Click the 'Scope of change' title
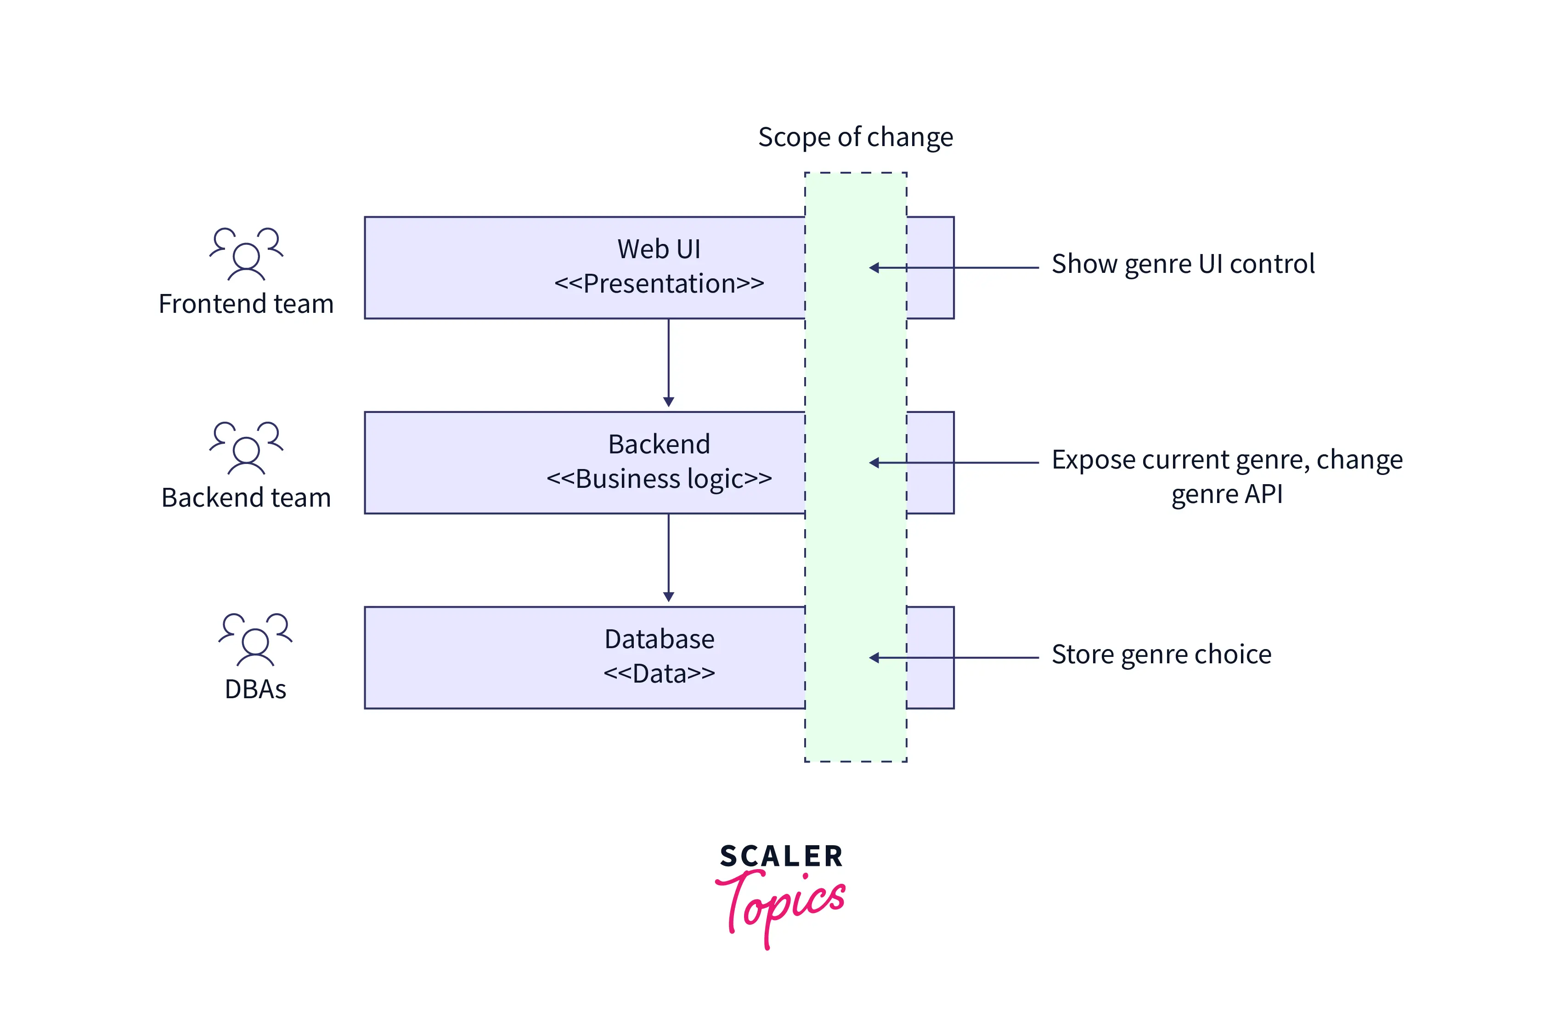click(x=855, y=137)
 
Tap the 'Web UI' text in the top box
click(x=659, y=249)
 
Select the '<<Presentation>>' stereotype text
click(x=659, y=283)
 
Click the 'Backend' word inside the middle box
click(x=659, y=445)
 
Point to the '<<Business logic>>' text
click(x=659, y=479)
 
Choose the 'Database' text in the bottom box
click(x=659, y=639)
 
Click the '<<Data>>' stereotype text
click(x=659, y=673)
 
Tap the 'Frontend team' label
click(x=246, y=304)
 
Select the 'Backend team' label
click(x=246, y=498)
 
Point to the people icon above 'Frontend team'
click(x=246, y=254)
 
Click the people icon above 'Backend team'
click(x=246, y=448)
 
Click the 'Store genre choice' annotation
click(x=1161, y=654)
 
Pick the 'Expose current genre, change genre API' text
click(x=1226, y=476)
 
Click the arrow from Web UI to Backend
click(x=669, y=363)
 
